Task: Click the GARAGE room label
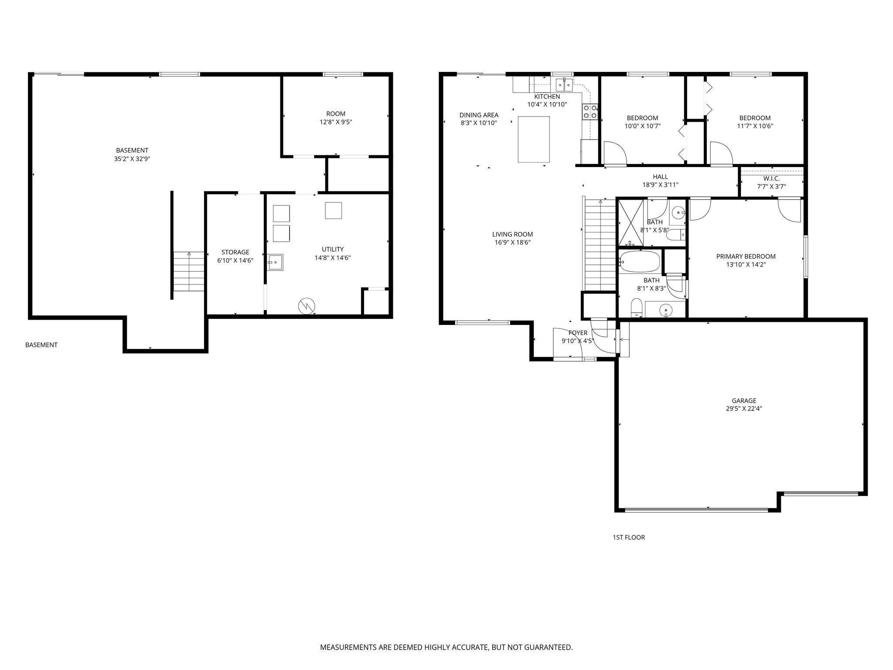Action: coord(744,400)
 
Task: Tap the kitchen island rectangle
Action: coord(534,139)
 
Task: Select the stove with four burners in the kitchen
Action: coord(590,112)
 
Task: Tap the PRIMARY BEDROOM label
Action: coord(746,256)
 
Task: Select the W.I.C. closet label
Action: coord(771,178)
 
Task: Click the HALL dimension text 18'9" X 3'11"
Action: coord(660,185)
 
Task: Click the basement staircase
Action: coord(189,271)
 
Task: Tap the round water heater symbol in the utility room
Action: coord(307,306)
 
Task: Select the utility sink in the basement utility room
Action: coord(275,262)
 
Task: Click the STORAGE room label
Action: coord(235,252)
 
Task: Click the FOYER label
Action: coord(578,333)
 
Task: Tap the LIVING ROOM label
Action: coord(513,234)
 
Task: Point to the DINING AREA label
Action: coord(479,115)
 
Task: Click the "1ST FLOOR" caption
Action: coord(629,537)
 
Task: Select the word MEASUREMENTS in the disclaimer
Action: coord(349,647)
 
